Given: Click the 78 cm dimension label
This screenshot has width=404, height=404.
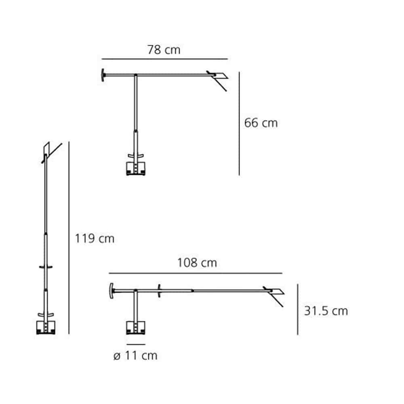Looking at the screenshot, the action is point(164,50).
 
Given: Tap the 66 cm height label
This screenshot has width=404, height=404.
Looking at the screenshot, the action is point(261,123).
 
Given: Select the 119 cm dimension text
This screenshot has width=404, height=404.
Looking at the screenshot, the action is point(95,239).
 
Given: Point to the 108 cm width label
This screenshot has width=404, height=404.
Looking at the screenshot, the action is point(197,263).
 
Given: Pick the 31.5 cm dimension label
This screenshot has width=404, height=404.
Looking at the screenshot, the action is point(326,311).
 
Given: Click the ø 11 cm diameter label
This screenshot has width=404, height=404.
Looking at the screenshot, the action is point(135,356).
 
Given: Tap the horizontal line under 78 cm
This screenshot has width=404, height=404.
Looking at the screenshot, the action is point(165,59).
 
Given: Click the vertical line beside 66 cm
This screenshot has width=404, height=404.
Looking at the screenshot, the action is point(239,124).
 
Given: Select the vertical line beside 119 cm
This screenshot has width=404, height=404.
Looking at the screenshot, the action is point(69,238).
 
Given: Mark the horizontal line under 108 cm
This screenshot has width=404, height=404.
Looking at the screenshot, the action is point(196,273).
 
